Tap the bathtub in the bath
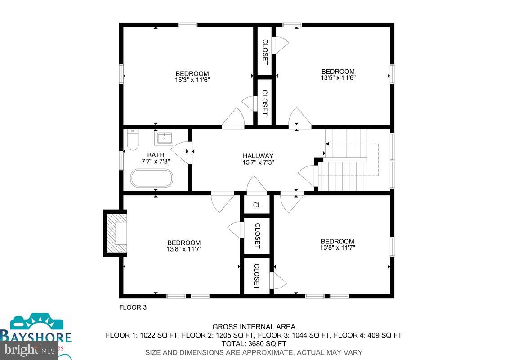152,178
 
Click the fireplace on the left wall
116,233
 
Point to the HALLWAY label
258,156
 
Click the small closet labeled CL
257,205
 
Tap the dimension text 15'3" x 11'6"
192,80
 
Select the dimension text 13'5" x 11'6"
338,78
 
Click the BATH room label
156,155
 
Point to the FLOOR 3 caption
133,308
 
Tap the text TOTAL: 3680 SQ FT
254,344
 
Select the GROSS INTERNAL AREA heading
254,327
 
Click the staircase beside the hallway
346,160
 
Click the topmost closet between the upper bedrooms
265,51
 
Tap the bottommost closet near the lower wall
257,276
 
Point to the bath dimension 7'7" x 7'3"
156,162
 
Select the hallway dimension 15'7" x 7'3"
258,162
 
